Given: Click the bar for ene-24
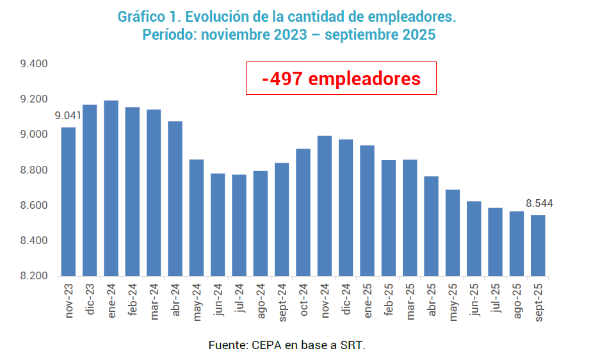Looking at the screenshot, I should pyautogui.click(x=111, y=188).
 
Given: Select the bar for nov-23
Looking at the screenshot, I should pyautogui.click(x=69, y=202).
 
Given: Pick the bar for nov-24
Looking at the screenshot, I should pyautogui.click(x=325, y=206).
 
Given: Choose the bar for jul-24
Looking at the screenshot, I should pyautogui.click(x=239, y=225).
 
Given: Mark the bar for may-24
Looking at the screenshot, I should pyautogui.click(x=197, y=218).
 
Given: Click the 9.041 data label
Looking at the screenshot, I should pyautogui.click(x=68, y=116).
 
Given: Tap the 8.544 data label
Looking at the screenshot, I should pyautogui.click(x=539, y=204).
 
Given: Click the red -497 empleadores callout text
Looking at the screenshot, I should pyautogui.click(x=341, y=79).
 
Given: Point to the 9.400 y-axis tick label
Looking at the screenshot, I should pyautogui.click(x=34, y=64).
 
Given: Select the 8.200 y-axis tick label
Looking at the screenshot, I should pyautogui.click(x=34, y=276).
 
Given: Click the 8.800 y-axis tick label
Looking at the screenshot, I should pyautogui.click(x=34, y=170).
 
